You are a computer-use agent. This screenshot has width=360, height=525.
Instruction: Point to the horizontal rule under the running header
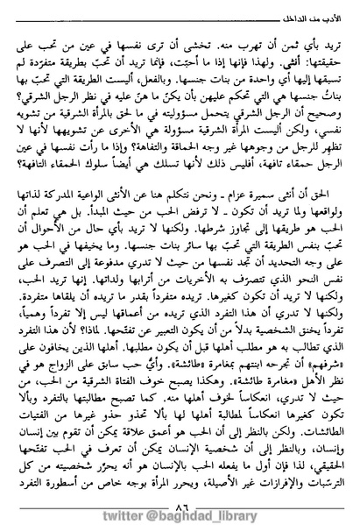(180, 25)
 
